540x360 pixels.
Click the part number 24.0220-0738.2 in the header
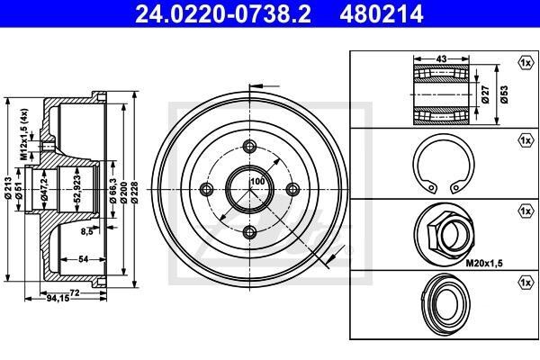pos(223,14)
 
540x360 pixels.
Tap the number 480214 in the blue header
pos(382,14)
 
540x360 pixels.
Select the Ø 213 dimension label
pos(8,187)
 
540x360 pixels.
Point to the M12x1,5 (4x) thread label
pos(23,134)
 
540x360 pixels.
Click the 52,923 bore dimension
pos(77,188)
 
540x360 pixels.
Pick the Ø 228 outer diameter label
pos(134,193)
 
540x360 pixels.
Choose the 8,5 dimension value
pos(86,232)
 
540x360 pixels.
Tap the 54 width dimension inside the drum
pos(84,258)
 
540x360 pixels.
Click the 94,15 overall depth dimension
pos(58,298)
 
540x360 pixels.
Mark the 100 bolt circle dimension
pos(257,181)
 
